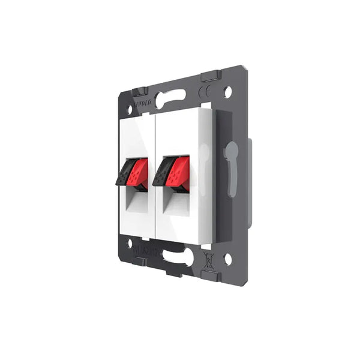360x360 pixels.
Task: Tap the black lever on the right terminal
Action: click(x=163, y=172)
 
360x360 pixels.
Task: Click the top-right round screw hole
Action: click(x=228, y=92)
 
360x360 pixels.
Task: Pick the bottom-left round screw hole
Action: click(x=129, y=242)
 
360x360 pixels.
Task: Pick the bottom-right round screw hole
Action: click(x=227, y=259)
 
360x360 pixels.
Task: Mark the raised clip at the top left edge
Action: click(x=139, y=91)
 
